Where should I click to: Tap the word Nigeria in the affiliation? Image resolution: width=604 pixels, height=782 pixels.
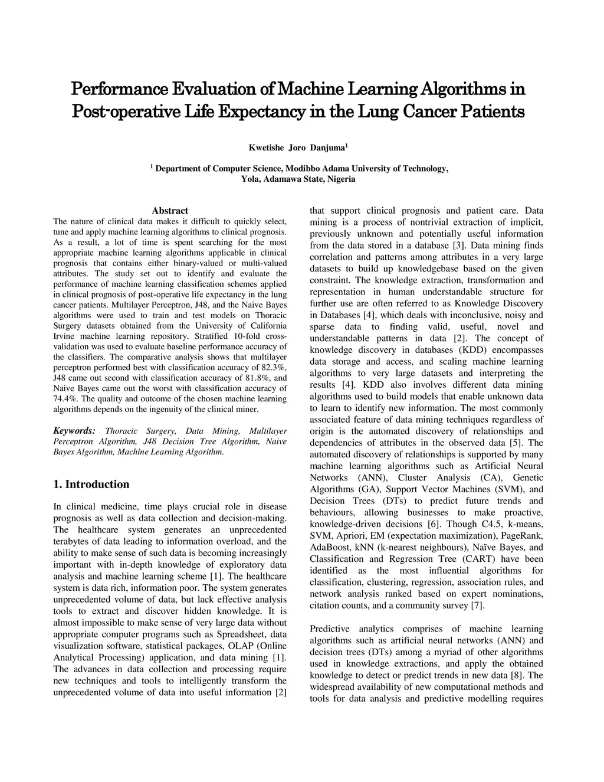(x=342, y=179)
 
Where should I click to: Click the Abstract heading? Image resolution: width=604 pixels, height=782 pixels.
(x=170, y=211)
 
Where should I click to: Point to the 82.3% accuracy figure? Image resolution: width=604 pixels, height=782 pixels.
(x=273, y=367)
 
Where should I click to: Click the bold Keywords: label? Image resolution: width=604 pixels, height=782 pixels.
(x=74, y=431)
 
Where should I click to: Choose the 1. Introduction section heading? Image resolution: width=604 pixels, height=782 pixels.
(x=91, y=485)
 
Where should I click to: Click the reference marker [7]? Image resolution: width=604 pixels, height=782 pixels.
(x=477, y=606)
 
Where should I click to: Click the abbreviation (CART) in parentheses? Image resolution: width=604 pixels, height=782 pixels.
(x=479, y=559)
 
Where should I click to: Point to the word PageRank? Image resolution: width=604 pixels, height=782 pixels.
(x=524, y=535)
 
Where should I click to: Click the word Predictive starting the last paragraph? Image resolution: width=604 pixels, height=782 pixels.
(x=329, y=629)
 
